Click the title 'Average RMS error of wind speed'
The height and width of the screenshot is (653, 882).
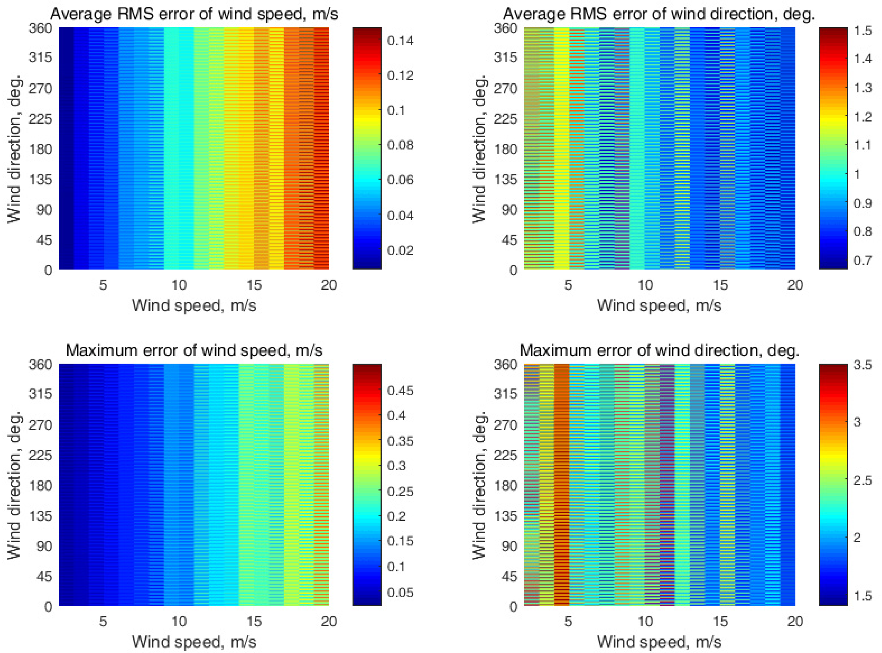coord(194,14)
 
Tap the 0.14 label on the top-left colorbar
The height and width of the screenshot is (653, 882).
coord(400,41)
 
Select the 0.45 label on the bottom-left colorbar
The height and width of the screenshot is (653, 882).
coord(400,391)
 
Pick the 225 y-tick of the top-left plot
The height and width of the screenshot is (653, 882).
coord(40,119)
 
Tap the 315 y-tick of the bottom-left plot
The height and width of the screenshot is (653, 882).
coord(40,394)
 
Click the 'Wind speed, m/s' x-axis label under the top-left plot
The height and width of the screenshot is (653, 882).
coord(194,305)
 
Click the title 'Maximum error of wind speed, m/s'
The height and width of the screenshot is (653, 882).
coord(194,350)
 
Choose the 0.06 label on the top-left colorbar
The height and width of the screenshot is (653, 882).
coord(400,180)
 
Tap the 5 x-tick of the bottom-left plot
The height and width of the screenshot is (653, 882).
coord(103,621)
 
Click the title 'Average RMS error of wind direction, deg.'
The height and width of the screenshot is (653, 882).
coord(659,14)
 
